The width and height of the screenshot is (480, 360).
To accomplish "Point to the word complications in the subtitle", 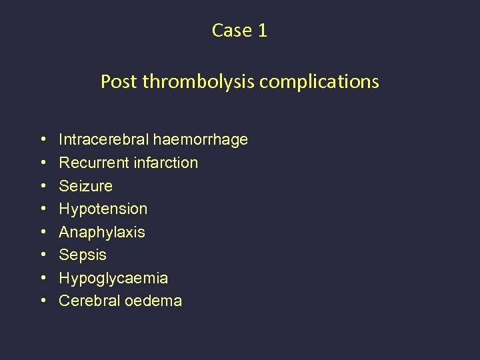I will (x=319, y=82).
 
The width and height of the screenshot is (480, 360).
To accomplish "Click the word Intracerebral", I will (x=104, y=139).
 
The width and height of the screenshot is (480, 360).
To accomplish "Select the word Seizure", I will (x=86, y=186).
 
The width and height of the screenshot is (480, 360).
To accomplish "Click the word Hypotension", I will (x=103, y=209).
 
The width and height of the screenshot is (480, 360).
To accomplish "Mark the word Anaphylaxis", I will (x=102, y=232).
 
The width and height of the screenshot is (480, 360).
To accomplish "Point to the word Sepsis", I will (x=83, y=255).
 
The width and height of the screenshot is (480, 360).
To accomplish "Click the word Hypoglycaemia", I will (x=113, y=278).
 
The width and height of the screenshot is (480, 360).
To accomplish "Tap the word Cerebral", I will (x=87, y=301).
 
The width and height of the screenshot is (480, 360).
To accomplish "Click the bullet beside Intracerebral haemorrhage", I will (x=43, y=140).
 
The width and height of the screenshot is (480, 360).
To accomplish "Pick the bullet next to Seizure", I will (x=43, y=186).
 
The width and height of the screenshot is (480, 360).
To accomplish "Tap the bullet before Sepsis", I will (x=43, y=255).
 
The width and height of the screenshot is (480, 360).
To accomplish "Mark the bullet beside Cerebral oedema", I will (x=43, y=301).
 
